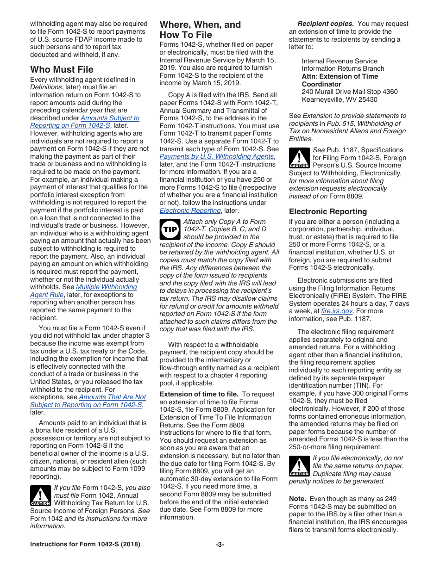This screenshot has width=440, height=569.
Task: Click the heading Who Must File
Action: coord(62,70)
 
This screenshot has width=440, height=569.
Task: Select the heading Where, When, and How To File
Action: coord(200,30)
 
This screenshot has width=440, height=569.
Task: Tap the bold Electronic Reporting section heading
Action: coord(328,211)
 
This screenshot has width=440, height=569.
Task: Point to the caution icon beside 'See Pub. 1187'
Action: coord(299,157)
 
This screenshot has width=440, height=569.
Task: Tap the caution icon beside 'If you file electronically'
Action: coord(299,466)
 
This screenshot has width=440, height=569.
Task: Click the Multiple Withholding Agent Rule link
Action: coord(83,291)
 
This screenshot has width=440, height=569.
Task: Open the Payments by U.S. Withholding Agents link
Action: coord(216,156)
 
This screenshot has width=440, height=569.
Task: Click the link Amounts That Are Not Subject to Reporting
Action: coord(88,401)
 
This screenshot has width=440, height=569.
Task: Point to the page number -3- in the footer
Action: coord(220,544)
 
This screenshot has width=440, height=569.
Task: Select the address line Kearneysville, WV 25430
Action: coord(339,99)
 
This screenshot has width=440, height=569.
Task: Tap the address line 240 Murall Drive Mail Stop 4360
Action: coord(349,92)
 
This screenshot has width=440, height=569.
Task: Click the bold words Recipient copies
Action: coord(326,24)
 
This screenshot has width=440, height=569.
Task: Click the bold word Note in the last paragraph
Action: coord(297,499)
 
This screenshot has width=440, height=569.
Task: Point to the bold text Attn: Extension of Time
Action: coord(339,76)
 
